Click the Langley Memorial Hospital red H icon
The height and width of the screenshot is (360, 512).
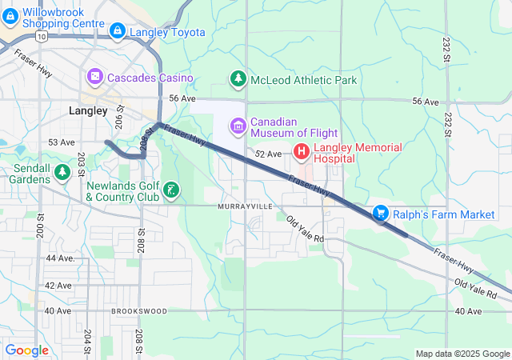[302, 150]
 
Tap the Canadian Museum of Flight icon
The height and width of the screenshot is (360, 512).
[238, 126]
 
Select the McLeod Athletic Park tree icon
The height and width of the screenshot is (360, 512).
[238, 79]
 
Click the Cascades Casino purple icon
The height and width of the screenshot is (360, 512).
[94, 77]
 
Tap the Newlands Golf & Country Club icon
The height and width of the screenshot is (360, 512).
[171, 190]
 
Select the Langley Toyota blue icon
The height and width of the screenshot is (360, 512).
[118, 32]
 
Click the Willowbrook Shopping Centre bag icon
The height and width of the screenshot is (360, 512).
[10, 17]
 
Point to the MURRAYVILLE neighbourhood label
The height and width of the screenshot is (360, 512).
[245, 206]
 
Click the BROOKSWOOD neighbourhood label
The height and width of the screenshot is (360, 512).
[140, 310]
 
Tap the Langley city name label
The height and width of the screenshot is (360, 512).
[88, 111]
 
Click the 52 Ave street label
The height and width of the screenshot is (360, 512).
[269, 154]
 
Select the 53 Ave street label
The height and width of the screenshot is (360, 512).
[62, 142]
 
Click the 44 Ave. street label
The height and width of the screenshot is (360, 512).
[60, 258]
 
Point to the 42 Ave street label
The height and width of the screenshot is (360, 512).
[58, 285]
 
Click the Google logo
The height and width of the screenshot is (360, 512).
[27, 350]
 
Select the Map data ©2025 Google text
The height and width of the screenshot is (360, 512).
[462, 354]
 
